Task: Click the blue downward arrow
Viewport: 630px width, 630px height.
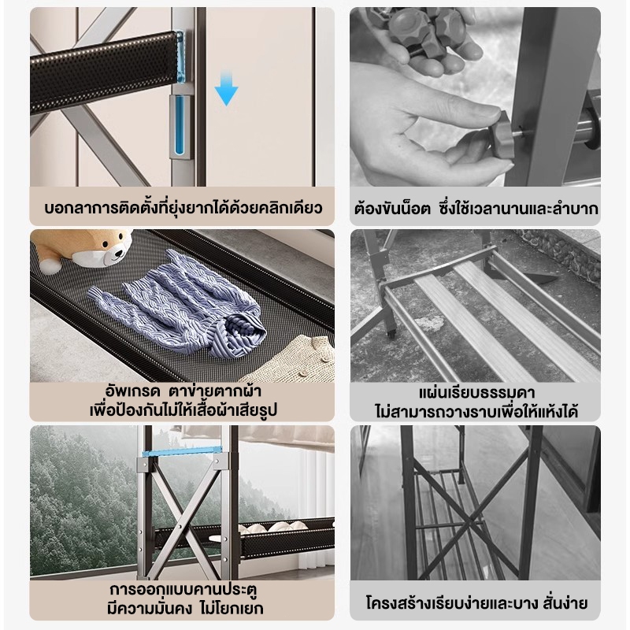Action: tap(226, 88)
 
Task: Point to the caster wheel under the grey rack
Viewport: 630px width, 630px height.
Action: tap(391, 333)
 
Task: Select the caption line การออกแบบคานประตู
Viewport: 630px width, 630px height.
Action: tap(183, 590)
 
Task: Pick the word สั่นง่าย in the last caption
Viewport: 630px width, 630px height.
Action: tap(565, 603)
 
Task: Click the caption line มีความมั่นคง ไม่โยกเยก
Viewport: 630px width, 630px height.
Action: tap(185, 608)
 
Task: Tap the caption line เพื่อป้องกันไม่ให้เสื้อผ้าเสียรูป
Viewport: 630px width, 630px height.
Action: tap(183, 410)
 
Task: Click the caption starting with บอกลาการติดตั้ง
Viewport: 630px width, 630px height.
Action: tap(183, 209)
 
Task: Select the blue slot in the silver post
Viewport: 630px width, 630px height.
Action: tap(180, 124)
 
